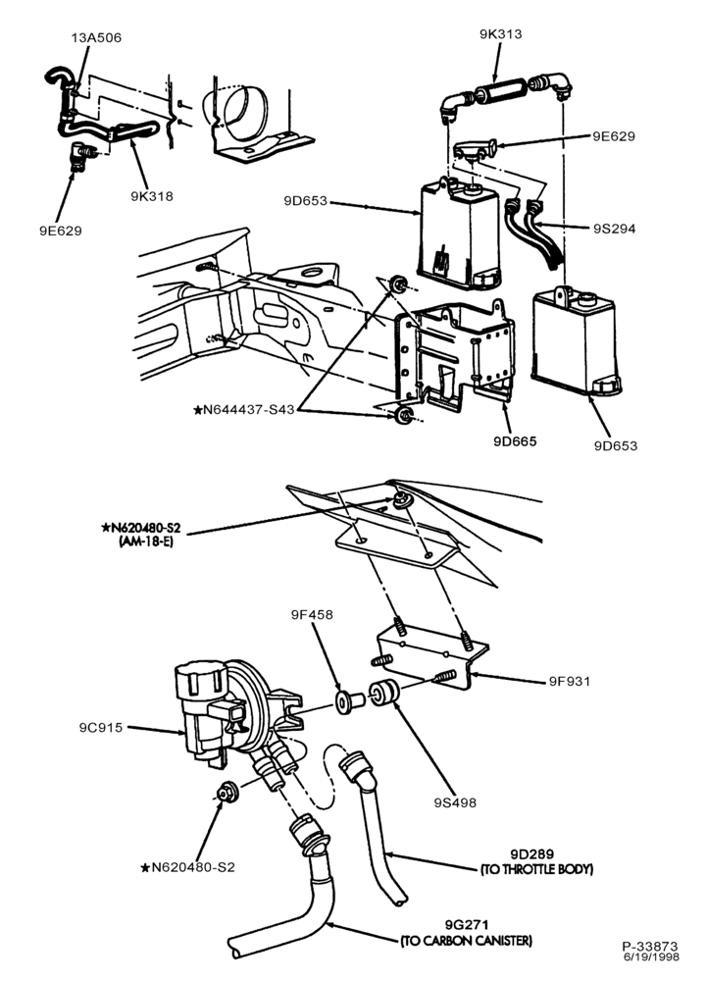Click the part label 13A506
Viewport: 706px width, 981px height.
coord(96,37)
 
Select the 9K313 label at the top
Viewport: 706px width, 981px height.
coord(500,33)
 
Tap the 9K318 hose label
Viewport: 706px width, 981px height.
coord(152,196)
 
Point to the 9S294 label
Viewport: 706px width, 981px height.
coord(614,229)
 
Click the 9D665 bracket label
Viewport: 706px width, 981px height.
coord(515,441)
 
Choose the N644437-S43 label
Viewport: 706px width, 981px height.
coord(244,410)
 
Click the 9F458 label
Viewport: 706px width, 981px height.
coord(312,614)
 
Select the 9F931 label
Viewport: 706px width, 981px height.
coord(570,681)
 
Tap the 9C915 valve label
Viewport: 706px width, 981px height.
coord(101,728)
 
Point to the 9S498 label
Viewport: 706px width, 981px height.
coord(455,802)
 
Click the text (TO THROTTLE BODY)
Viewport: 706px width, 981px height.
coord(536,869)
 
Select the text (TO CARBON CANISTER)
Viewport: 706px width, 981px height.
coord(467,941)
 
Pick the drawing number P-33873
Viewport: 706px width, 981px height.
coord(650,947)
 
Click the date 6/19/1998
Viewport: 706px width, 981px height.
coord(650,956)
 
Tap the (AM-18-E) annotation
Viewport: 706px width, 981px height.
coord(146,542)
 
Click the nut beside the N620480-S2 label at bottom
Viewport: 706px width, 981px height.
coord(225,792)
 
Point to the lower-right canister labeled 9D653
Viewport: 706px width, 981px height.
coord(576,341)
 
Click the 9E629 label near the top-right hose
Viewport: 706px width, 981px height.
coord(614,136)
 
